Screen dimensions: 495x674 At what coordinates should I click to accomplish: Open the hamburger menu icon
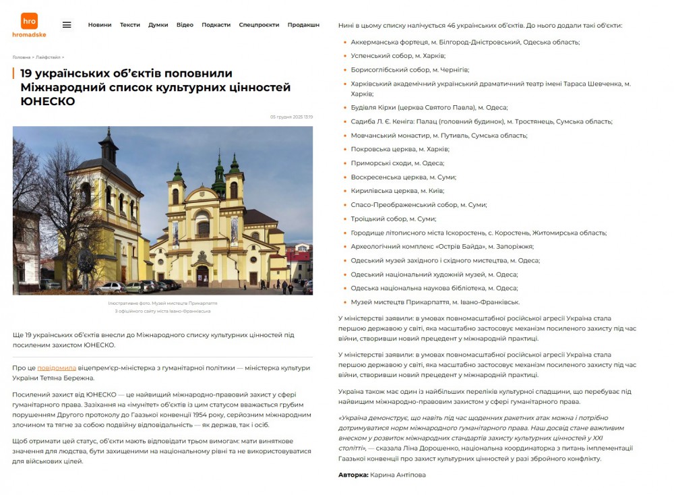point(67,25)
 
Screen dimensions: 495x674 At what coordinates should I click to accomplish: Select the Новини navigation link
point(100,25)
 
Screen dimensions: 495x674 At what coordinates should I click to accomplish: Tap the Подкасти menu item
point(216,25)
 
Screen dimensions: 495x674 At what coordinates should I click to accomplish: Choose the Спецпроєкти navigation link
point(259,25)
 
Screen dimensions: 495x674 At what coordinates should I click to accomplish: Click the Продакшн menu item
point(303,25)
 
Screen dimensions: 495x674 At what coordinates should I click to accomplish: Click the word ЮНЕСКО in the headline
point(48,101)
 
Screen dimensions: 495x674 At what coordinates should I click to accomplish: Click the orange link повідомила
point(57,368)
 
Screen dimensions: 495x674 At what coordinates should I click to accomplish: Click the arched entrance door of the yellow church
point(202,276)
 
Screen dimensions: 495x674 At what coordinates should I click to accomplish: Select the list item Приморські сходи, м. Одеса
point(397,163)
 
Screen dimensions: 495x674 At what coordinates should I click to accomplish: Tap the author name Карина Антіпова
point(398,475)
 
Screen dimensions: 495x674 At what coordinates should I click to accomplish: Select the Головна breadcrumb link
point(21,57)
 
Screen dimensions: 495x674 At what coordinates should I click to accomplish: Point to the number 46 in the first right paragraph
point(452,25)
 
